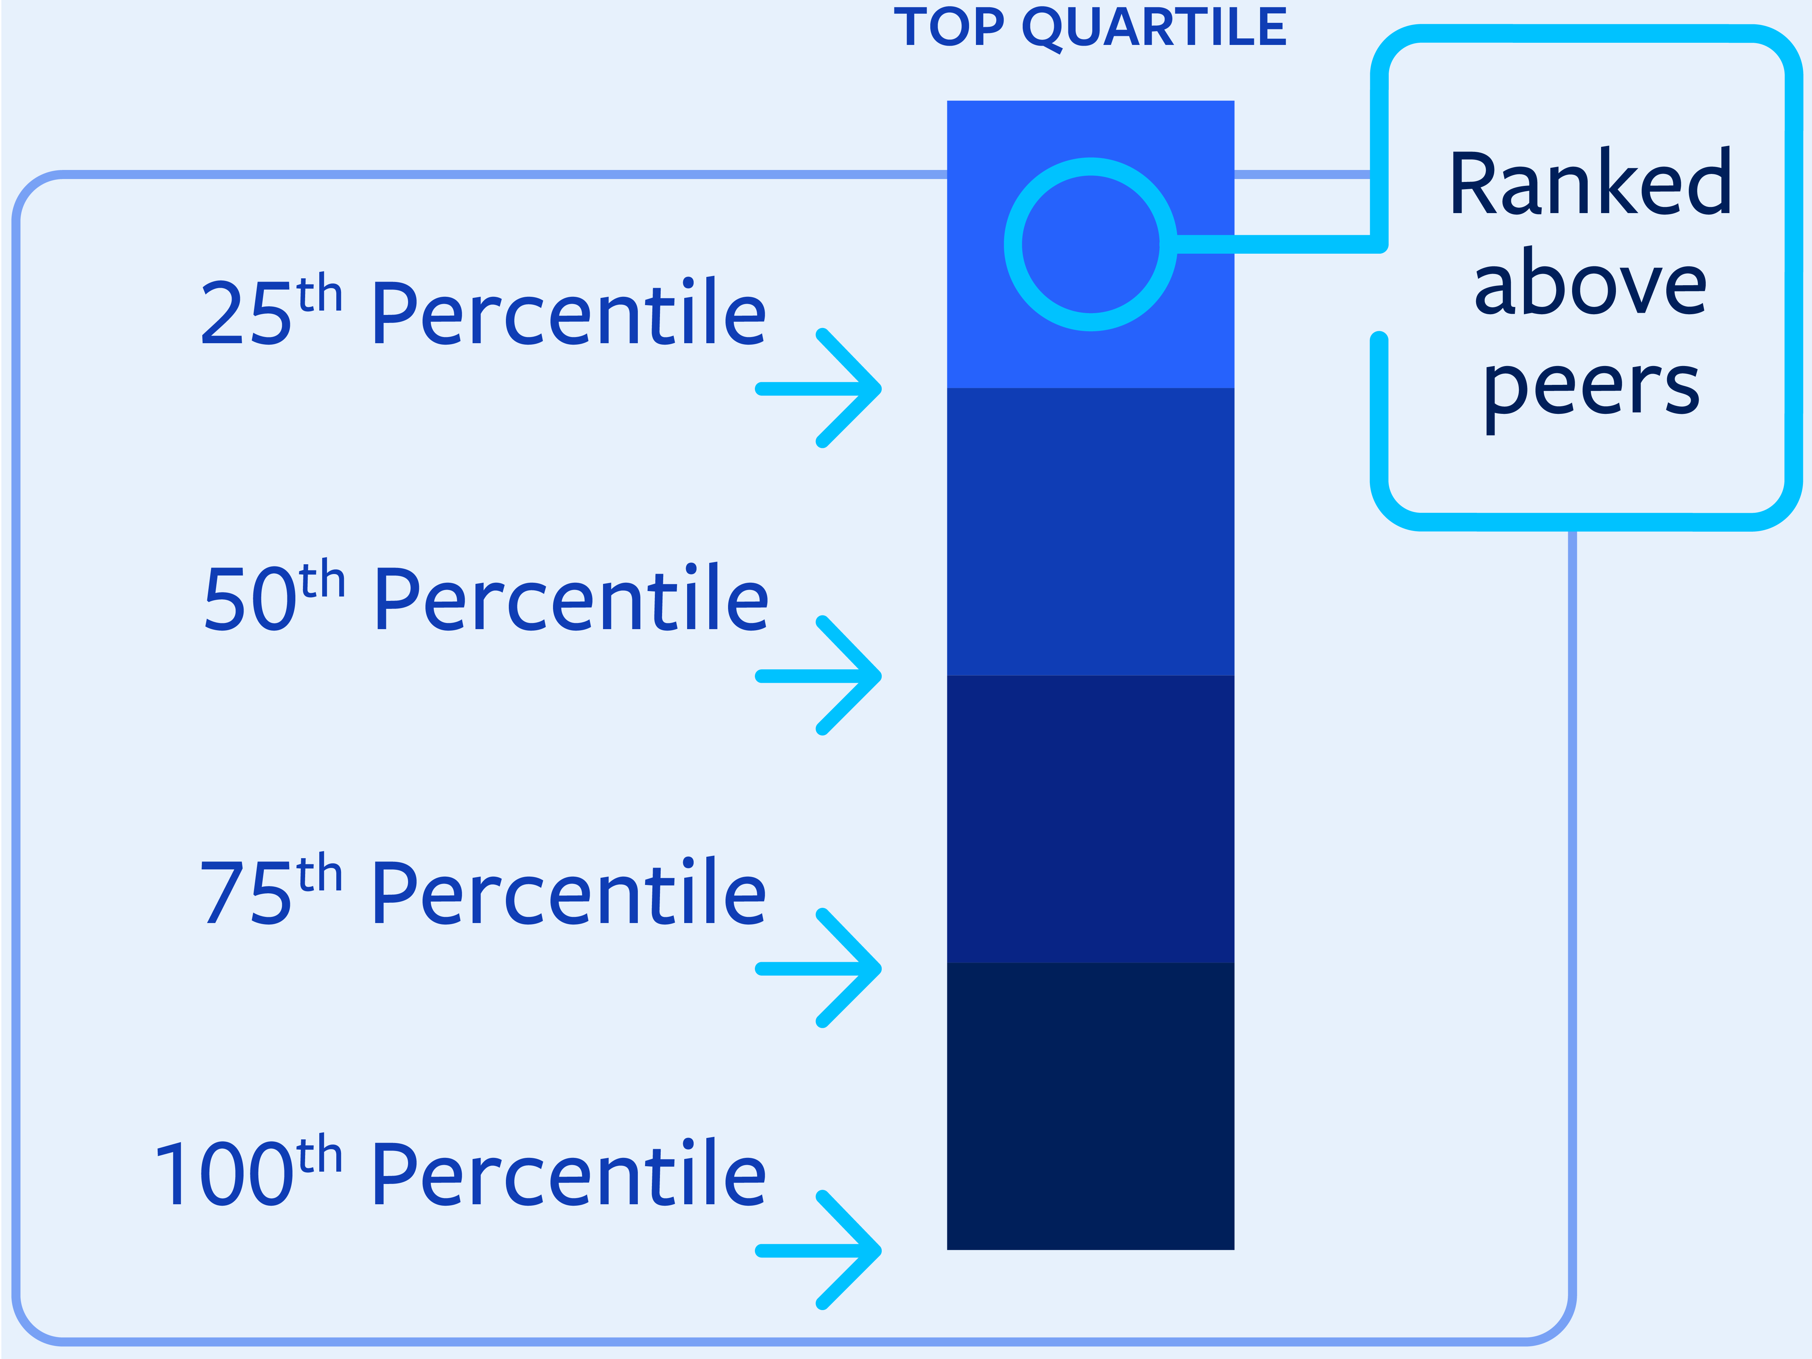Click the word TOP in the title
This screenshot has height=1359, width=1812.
tap(949, 27)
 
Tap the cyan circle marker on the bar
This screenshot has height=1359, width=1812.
tap(1004, 244)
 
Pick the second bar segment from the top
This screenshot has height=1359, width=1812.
tap(1090, 532)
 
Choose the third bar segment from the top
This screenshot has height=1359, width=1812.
tap(1090, 819)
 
